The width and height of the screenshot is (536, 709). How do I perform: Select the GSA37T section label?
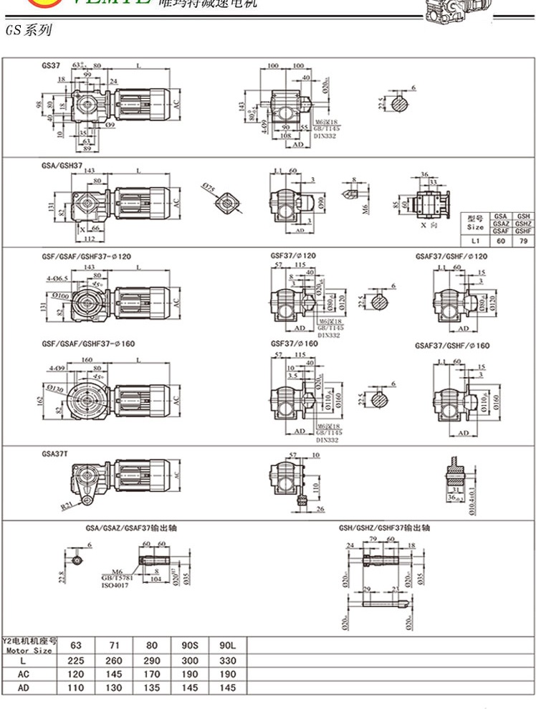(56, 454)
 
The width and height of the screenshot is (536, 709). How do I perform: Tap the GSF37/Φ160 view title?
(291, 343)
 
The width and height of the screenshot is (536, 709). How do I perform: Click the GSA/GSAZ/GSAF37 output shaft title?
(131, 528)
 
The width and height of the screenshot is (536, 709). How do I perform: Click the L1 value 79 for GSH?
(523, 242)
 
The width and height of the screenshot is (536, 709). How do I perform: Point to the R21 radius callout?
(66, 505)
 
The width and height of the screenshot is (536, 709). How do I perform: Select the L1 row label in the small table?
(476, 242)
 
